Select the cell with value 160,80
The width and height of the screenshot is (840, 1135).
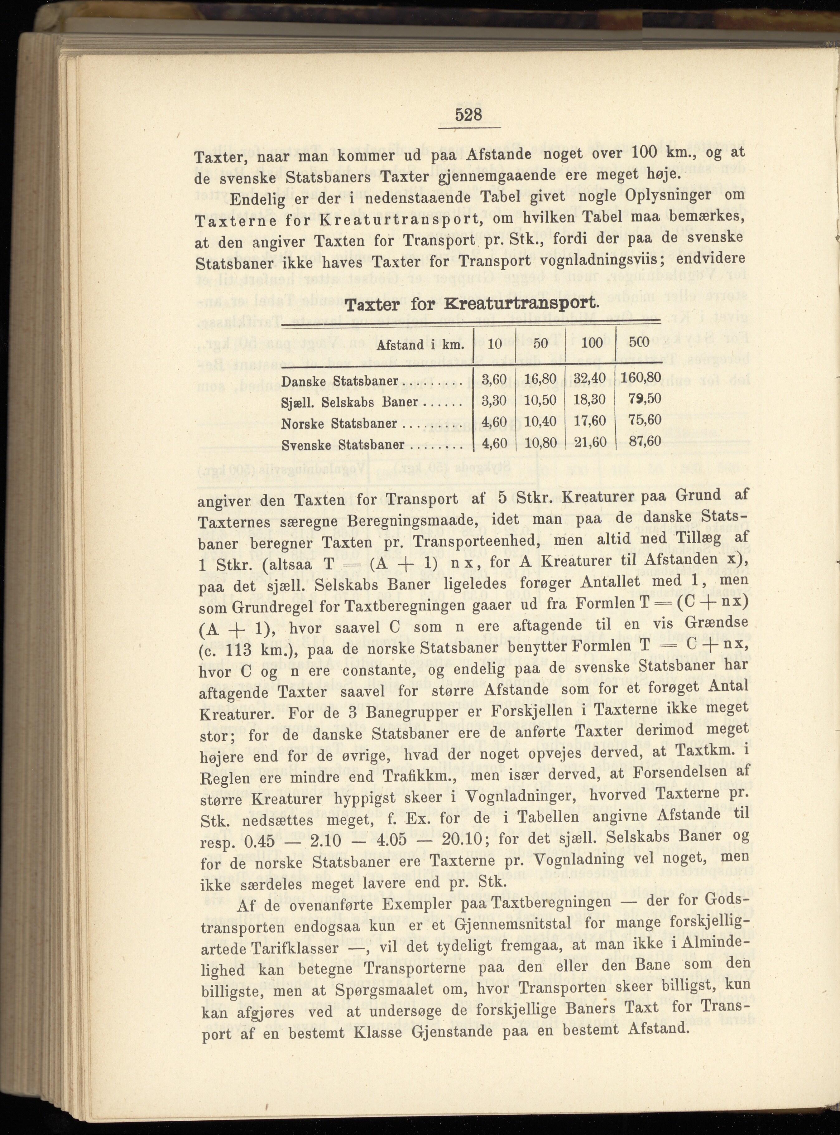(x=641, y=378)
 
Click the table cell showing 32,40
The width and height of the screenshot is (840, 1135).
(x=590, y=379)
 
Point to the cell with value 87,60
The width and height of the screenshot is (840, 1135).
(x=645, y=441)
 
